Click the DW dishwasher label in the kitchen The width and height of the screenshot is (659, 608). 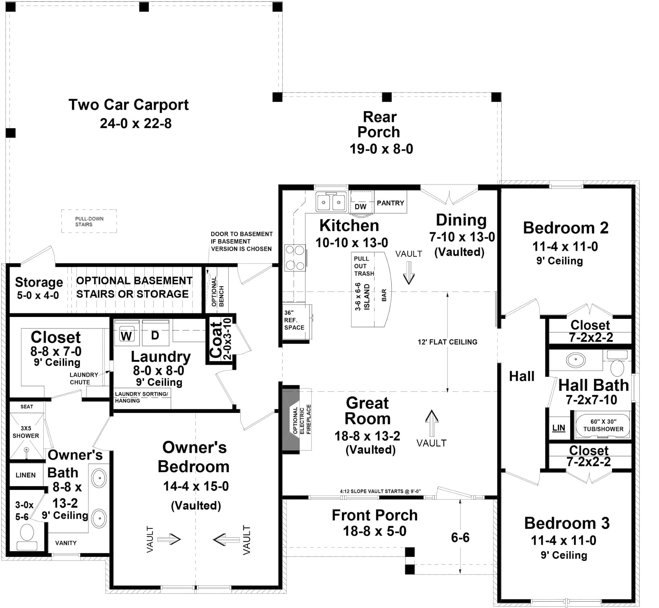pyautogui.click(x=361, y=207)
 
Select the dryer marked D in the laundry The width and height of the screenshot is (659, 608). pyautogui.click(x=155, y=335)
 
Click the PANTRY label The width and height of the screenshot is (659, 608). pyautogui.click(x=390, y=203)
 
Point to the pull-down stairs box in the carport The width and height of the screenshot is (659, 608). pyautogui.click(x=89, y=222)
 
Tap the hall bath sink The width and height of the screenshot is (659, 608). pyautogui.click(x=576, y=360)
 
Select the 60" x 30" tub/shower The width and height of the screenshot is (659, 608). pyautogui.click(x=603, y=425)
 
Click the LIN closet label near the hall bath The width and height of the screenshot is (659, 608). pyautogui.click(x=558, y=428)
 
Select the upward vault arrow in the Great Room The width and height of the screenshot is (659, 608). pyautogui.click(x=432, y=422)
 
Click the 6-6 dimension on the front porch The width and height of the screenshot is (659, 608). pyautogui.click(x=460, y=537)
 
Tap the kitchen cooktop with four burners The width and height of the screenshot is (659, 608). pyautogui.click(x=295, y=258)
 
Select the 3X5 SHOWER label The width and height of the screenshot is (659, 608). pyautogui.click(x=26, y=432)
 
